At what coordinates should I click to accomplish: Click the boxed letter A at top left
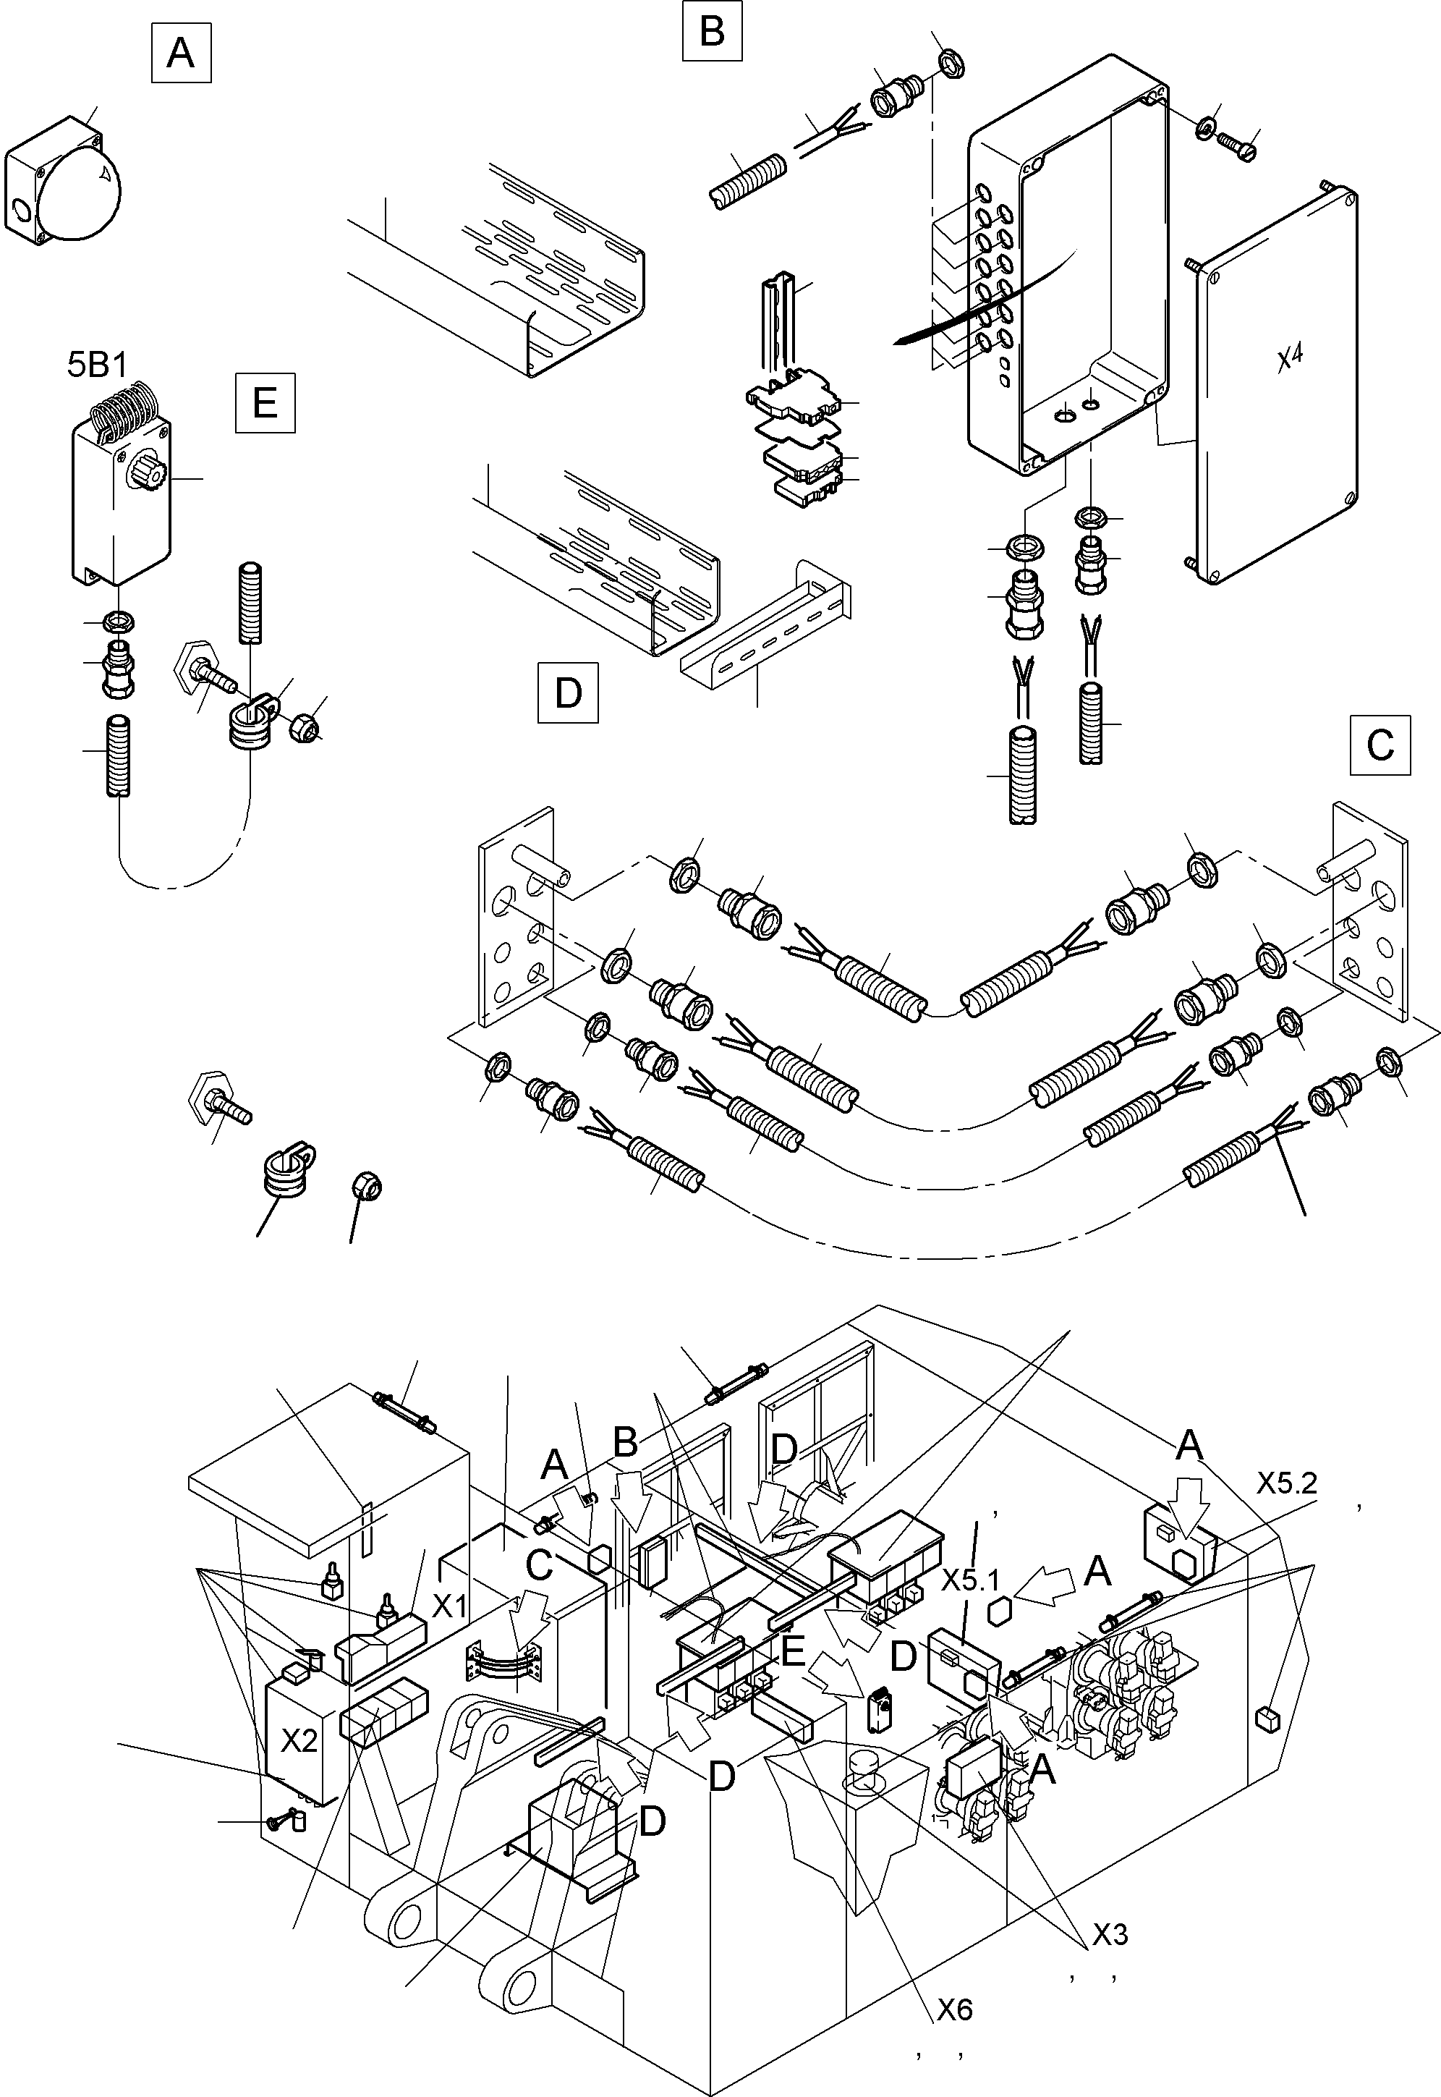tap(181, 54)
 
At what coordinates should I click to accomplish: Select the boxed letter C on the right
tap(1380, 745)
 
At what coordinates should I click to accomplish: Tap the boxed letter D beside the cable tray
tap(568, 692)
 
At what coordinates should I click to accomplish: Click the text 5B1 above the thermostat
tap(98, 365)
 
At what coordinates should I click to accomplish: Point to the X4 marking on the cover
tap(1289, 358)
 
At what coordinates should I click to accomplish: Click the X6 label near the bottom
tap(953, 2009)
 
